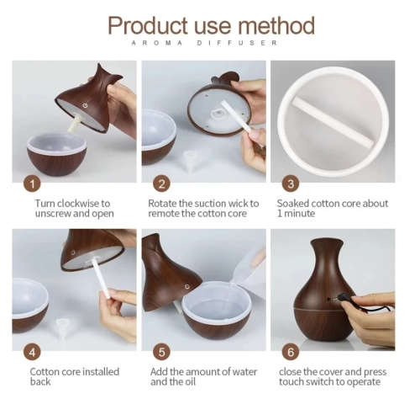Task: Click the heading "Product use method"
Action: point(211,24)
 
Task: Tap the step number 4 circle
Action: point(33,352)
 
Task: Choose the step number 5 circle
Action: point(162,352)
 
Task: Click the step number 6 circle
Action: point(291,352)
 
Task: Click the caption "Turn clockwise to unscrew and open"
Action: point(73,210)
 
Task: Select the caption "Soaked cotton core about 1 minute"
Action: point(332,210)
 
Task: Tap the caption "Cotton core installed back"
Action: point(75,377)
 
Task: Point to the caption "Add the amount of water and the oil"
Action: point(199,377)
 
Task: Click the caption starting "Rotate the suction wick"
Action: point(202,210)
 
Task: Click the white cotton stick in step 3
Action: point(332,121)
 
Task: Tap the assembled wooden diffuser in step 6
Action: point(323,290)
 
